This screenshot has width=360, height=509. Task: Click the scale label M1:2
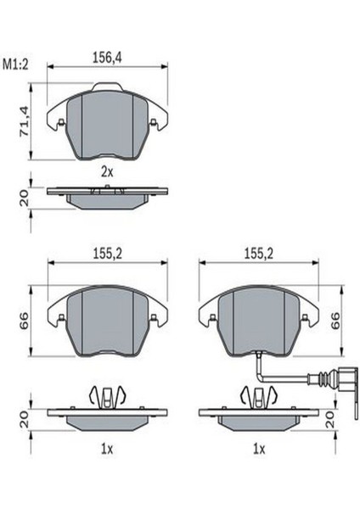15,64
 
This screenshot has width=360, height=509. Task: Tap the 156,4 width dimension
107,58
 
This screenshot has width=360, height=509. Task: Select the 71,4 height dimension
25,120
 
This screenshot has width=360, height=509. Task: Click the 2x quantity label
107,172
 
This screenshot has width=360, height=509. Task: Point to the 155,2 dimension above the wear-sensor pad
259,254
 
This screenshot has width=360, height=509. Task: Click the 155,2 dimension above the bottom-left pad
108,254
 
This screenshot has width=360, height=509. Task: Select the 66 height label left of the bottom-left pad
25,321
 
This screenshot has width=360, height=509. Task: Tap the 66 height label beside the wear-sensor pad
335,320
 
